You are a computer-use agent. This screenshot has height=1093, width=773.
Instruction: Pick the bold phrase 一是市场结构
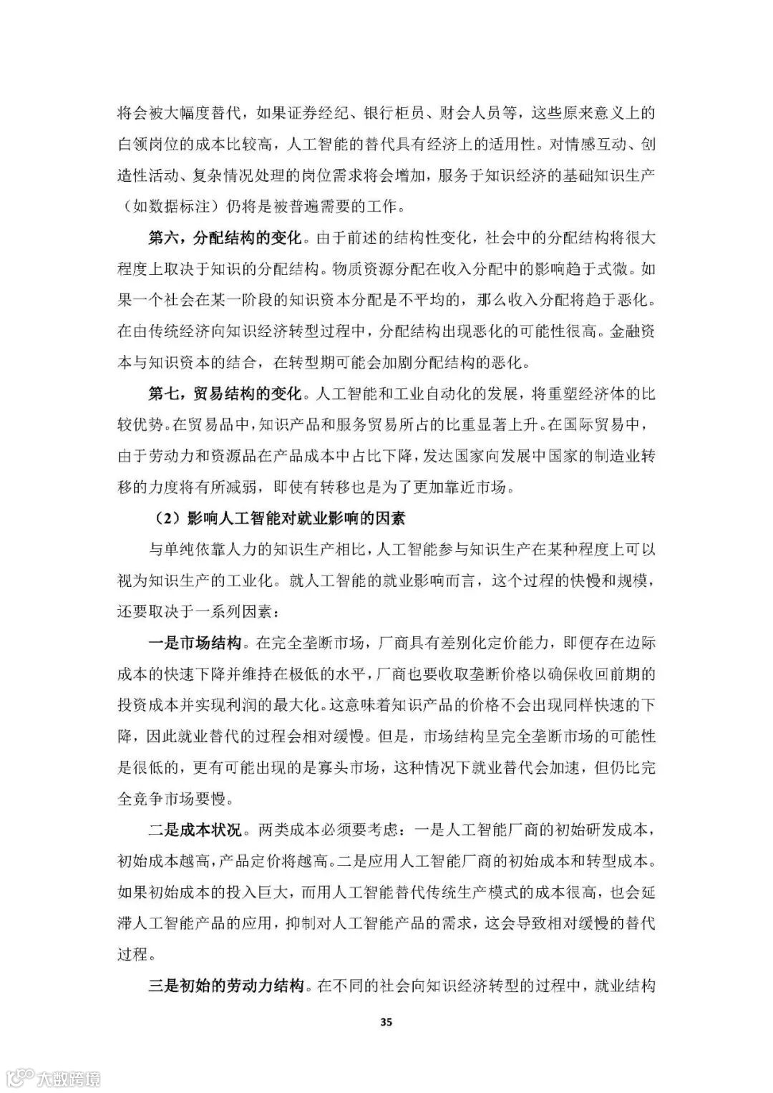(x=194, y=643)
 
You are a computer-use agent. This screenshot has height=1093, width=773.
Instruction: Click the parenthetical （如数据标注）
(x=165, y=208)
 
